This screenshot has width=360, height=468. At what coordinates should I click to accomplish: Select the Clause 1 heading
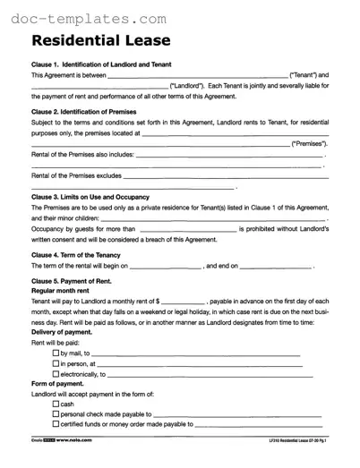click(x=101, y=64)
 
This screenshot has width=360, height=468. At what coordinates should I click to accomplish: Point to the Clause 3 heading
click(x=90, y=197)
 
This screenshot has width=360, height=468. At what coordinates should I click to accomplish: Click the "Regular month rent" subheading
click(x=64, y=291)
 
